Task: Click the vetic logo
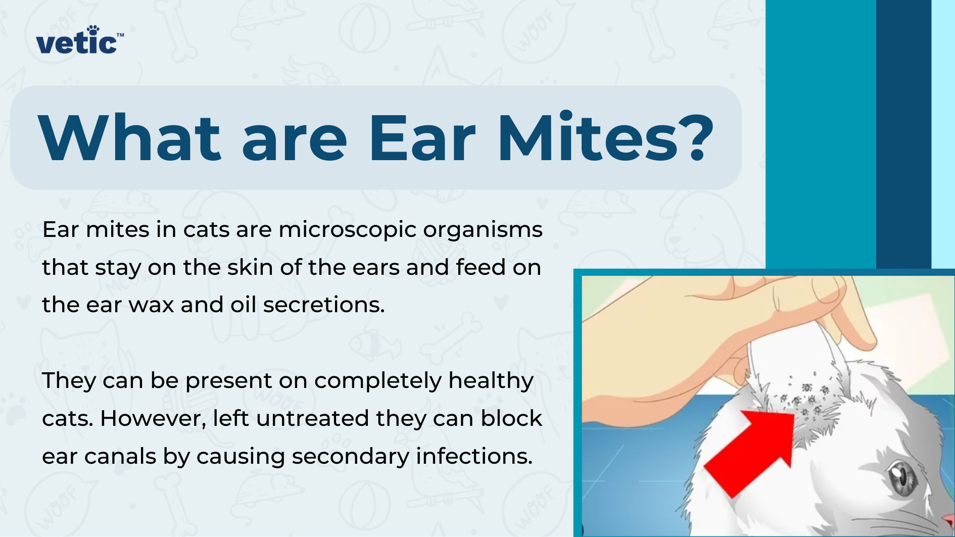coord(77,43)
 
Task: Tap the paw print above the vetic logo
coord(93,30)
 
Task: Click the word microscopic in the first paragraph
coord(347,230)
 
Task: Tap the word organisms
coord(483,230)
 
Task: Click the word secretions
coord(324,305)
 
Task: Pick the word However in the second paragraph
coord(153,419)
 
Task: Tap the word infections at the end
coord(474,457)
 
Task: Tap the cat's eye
coord(902,478)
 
